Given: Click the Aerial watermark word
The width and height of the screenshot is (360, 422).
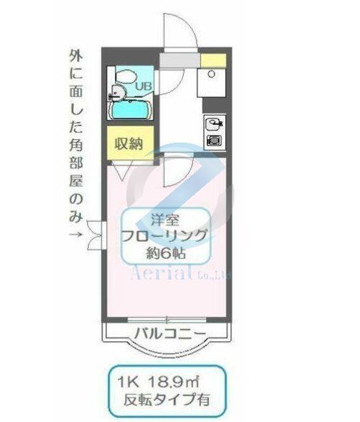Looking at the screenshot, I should [x=157, y=273].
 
